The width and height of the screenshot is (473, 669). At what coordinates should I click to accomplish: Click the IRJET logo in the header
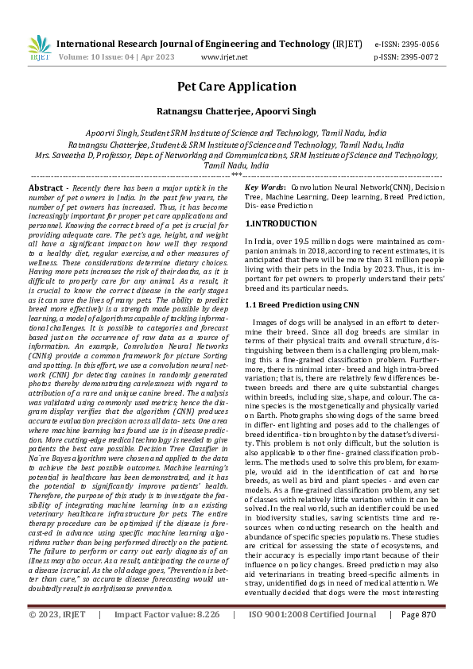point(38,48)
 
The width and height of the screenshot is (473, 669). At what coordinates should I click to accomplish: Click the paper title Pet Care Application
point(236,87)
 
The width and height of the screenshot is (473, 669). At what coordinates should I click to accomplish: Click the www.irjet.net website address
point(224,57)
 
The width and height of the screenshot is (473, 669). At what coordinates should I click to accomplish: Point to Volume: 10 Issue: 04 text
point(99,57)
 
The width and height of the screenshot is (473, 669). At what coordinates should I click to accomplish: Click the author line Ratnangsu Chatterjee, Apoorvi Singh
point(236,111)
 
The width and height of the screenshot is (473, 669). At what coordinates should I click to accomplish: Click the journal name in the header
point(199,44)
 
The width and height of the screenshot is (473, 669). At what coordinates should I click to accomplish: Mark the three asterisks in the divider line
point(236,174)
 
